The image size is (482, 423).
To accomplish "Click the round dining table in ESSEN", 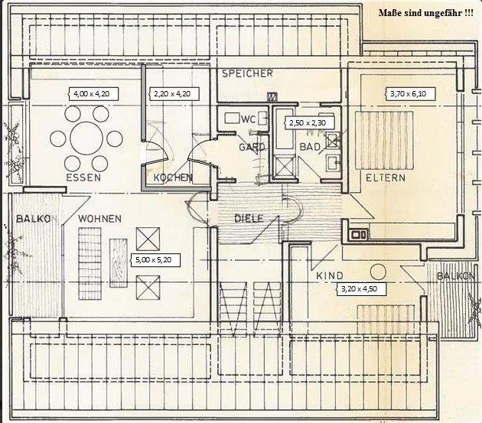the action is [86, 138].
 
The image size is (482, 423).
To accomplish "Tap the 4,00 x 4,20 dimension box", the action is [93, 94].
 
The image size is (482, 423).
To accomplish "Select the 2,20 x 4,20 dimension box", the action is [174, 94].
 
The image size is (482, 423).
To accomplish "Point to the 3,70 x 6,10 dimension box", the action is [410, 94].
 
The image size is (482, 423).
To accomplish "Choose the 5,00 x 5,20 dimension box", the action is [155, 260].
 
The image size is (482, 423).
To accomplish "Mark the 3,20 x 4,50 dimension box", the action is [361, 289].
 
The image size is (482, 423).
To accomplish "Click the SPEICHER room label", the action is [247, 73].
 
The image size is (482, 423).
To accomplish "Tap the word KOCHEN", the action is [173, 177].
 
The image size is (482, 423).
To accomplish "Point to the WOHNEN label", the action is [100, 219].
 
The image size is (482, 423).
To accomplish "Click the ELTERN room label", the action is [386, 177].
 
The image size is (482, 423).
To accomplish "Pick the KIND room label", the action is [330, 275].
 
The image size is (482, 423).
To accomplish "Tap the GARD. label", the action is [252, 148].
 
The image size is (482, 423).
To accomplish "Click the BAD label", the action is [310, 147].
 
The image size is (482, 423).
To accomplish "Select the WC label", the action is [249, 119].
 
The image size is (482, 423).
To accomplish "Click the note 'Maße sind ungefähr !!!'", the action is [426, 13].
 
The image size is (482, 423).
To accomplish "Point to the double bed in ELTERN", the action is [384, 141].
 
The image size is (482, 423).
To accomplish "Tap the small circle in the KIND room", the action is [378, 272].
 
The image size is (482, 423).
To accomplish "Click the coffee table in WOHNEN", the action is [119, 263].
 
